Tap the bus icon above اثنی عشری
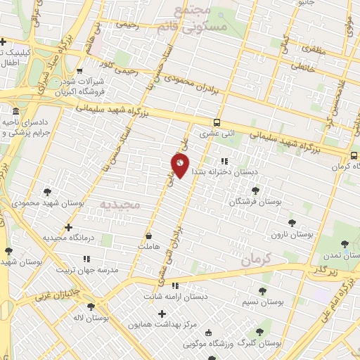pos(217,120)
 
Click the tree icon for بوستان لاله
pos(90,307)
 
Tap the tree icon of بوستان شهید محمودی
pos(47,191)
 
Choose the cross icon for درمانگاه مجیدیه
pos(68,227)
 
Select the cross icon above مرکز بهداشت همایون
pos(162,313)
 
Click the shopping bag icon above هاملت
pos(148,236)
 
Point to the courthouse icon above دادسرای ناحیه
pos(15,111)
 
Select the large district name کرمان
pos(255,259)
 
